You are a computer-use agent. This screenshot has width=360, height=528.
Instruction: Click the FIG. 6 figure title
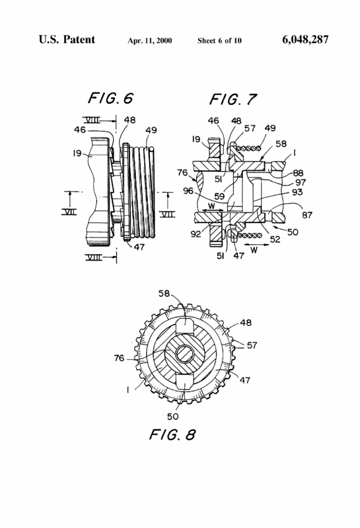[x=110, y=98]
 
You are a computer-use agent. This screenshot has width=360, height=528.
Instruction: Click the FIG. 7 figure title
[x=233, y=100]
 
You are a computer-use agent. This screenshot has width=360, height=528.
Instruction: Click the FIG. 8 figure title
[x=172, y=434]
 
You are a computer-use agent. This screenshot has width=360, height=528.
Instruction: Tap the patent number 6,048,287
[x=305, y=40]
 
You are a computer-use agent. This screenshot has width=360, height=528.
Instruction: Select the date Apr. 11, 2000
[x=150, y=41]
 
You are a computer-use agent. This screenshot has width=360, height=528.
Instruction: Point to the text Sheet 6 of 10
[x=219, y=41]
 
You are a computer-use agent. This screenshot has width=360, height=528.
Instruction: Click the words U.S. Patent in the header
[x=67, y=40]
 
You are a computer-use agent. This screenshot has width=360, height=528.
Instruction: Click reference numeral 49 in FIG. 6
[x=151, y=130]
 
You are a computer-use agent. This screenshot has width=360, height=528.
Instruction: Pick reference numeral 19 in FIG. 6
[x=77, y=153]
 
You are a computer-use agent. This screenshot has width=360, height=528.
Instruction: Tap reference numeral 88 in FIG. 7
[x=298, y=173]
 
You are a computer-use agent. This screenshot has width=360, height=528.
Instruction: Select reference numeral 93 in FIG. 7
[x=297, y=192]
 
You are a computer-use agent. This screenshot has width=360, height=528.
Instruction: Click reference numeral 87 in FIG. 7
[x=307, y=214]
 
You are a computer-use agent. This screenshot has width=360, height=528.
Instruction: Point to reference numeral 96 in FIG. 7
[x=188, y=191]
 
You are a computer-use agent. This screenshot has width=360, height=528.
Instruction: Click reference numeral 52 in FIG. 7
[x=275, y=239]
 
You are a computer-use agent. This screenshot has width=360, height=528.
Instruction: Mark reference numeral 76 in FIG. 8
[x=120, y=358]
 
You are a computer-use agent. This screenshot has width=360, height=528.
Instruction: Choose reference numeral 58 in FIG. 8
[x=164, y=294]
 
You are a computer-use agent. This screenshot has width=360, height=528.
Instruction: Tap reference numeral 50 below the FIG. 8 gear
[x=172, y=416]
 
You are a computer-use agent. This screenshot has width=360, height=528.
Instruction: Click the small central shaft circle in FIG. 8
[x=185, y=354]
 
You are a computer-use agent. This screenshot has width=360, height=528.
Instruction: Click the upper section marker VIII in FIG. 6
[x=92, y=120]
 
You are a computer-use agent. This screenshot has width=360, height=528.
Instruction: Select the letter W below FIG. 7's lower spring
[x=254, y=250]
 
